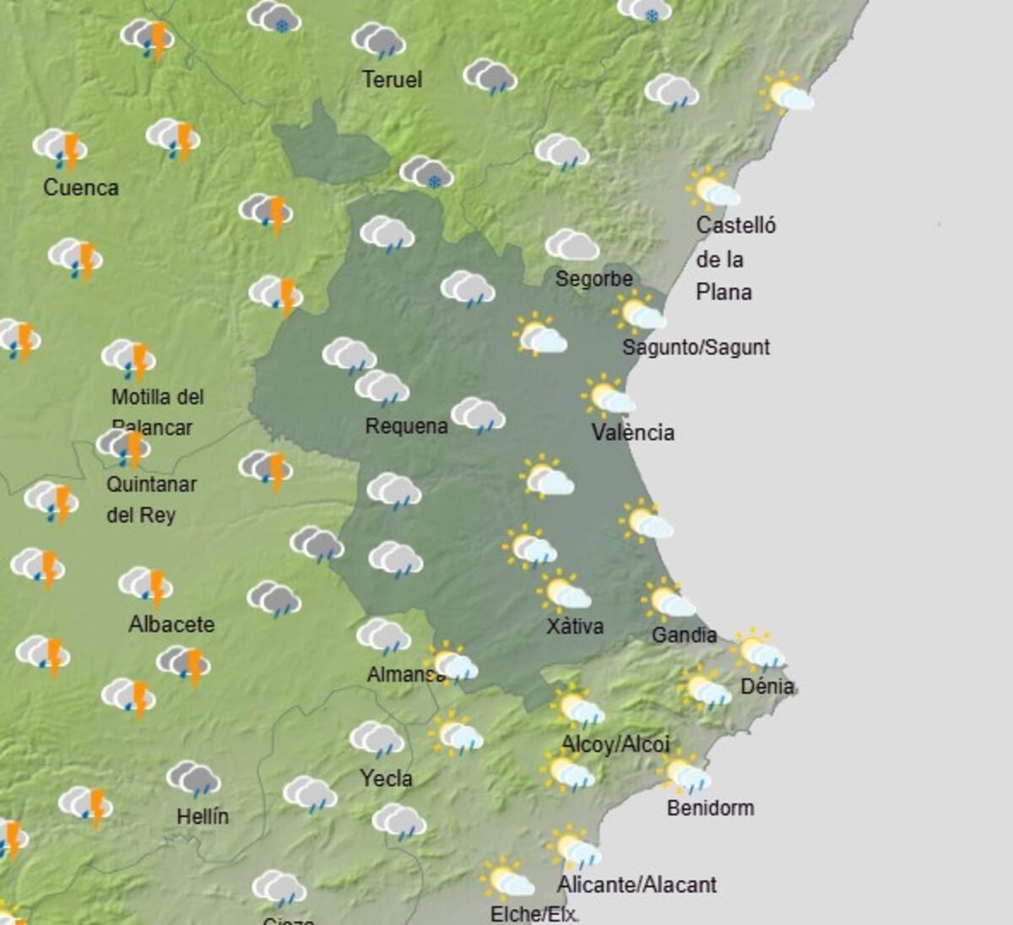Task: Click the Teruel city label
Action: point(392,80)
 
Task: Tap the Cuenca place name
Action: point(81,187)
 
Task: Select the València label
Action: point(633,433)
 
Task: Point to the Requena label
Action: point(406,426)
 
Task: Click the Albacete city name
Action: point(171,625)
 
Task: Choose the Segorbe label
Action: point(593,279)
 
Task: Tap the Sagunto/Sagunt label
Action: point(696,347)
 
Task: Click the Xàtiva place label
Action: point(575,626)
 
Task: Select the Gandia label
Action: point(684,635)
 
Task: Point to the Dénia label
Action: point(767,686)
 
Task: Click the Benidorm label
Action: point(710,808)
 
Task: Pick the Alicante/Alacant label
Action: point(637,884)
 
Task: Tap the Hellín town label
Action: point(203,816)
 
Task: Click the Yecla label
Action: point(386,778)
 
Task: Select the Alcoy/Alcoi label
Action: point(615,744)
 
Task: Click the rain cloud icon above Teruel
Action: point(378,41)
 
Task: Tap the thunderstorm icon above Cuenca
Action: point(61,148)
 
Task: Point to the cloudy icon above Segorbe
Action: point(572,245)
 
